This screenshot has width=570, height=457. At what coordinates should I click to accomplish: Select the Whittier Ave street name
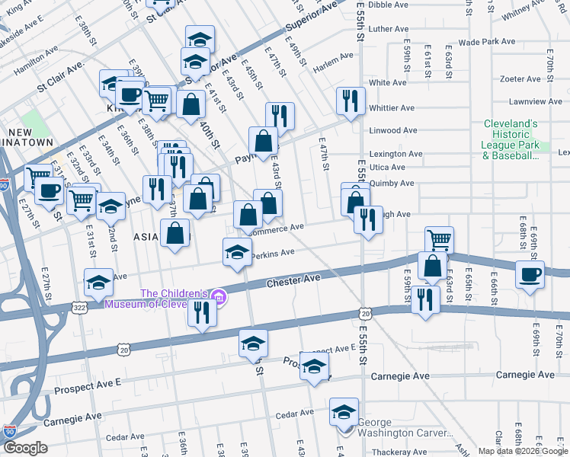392,108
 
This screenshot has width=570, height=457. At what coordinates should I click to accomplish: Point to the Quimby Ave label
392,183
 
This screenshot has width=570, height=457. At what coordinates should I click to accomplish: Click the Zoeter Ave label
520,78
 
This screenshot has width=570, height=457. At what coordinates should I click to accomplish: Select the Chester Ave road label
293,281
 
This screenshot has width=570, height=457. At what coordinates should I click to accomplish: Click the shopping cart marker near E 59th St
439,240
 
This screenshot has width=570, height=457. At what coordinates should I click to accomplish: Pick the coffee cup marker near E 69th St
530,275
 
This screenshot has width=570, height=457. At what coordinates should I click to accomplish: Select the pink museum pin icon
219,297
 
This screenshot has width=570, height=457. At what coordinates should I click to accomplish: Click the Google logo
26,447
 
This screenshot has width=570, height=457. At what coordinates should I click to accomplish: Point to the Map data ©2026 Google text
522,451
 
